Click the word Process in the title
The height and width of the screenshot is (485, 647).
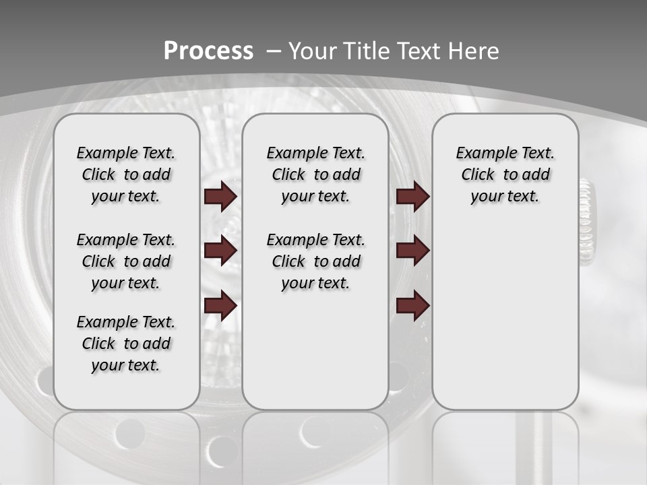(x=208, y=51)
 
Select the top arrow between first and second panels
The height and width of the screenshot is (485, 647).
(x=220, y=196)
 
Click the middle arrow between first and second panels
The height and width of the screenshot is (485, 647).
(x=220, y=251)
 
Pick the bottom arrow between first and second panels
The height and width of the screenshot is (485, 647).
(x=220, y=306)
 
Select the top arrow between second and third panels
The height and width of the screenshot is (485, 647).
(x=412, y=196)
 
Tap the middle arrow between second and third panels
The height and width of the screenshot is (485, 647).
(x=412, y=251)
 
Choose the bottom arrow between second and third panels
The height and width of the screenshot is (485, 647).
(x=412, y=306)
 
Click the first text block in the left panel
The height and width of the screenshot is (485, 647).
(x=126, y=174)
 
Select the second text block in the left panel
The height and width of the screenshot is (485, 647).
(x=126, y=261)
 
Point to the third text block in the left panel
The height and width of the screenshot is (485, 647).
(x=126, y=344)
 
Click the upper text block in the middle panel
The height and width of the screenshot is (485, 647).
(x=315, y=174)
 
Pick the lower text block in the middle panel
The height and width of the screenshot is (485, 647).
(x=315, y=261)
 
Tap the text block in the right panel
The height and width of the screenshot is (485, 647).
(x=505, y=174)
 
